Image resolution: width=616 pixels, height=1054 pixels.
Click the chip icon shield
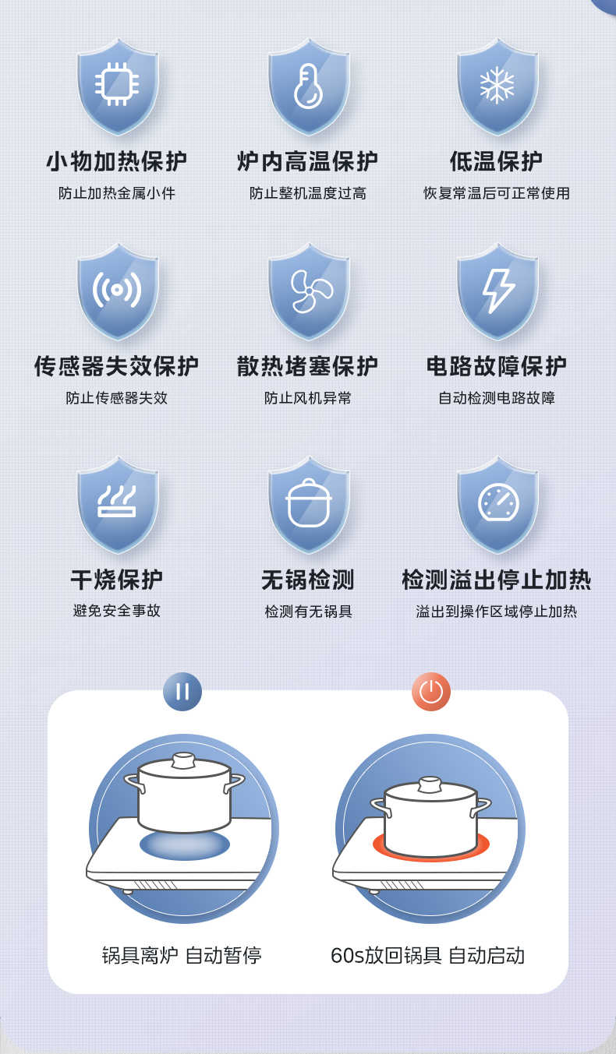pos(117,86)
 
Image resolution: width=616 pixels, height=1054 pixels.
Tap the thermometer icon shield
pos(308,86)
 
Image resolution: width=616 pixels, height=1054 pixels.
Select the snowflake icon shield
pos(497,86)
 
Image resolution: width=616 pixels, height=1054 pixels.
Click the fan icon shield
pos(308,291)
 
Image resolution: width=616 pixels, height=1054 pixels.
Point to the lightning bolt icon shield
pos(497,291)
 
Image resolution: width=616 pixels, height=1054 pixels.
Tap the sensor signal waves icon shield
pos(117,291)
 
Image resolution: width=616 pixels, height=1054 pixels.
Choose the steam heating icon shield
pos(117,504)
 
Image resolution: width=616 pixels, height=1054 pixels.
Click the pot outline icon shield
pos(308,504)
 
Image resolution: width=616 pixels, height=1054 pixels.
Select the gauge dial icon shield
pos(497,504)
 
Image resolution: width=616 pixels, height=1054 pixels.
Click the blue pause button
pos(182,692)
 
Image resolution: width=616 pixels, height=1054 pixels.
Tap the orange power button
pos(431,692)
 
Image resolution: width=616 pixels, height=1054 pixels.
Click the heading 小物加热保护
pos(117,161)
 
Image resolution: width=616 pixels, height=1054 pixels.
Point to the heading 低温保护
pos(497,161)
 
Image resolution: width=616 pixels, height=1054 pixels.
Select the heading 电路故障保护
pos(497,366)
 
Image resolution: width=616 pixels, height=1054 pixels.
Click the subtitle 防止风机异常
pos(308,398)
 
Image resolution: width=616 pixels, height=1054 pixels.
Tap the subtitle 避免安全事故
pos(117,611)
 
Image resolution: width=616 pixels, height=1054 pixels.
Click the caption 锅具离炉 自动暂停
pos(182,955)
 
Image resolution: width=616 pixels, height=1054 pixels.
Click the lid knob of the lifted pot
pos(183,760)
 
